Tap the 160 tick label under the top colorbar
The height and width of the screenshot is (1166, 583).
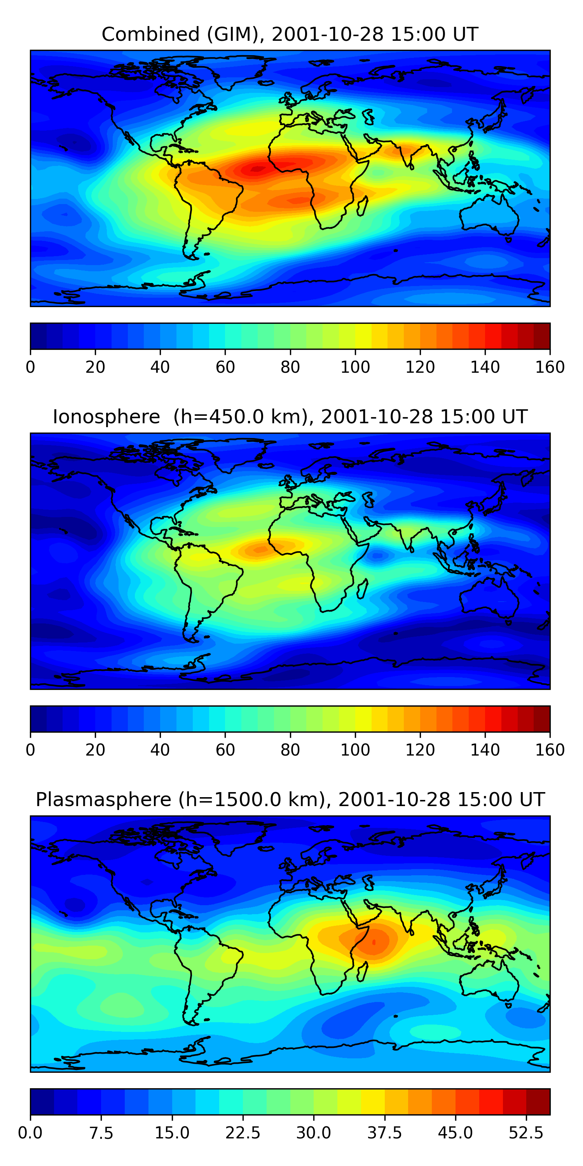550,367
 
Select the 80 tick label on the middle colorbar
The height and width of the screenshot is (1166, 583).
290,750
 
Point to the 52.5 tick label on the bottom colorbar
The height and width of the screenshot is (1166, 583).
525,1133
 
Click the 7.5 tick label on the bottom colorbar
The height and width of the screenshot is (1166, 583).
101,1133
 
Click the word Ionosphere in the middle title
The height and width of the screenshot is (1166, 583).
106,417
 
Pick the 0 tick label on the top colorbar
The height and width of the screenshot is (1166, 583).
30,367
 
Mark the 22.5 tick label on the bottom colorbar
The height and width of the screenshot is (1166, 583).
243,1133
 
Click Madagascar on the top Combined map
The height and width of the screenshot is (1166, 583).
362,206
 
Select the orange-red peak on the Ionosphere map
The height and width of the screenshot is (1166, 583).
261,550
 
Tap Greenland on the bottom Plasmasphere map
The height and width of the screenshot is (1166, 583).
240,838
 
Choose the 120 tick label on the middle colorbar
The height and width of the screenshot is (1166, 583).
420,750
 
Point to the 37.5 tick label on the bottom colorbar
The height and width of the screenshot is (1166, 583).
384,1133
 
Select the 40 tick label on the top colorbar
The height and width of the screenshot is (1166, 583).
160,367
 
